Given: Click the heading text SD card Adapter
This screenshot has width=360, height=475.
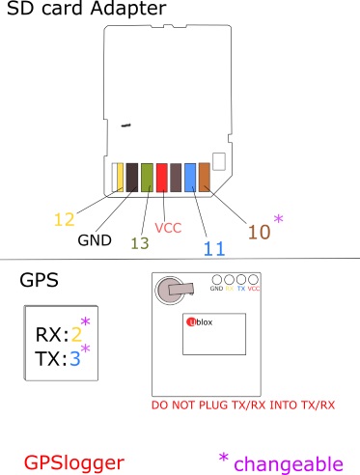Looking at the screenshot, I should [x=85, y=11].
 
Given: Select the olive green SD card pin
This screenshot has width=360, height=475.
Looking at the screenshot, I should [x=148, y=178].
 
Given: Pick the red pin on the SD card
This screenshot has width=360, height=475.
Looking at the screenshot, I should [x=162, y=178].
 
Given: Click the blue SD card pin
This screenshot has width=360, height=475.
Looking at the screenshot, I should [x=190, y=178].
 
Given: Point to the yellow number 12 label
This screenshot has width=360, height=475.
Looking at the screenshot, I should [x=64, y=219].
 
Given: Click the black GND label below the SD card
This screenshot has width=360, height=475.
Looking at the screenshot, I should [x=95, y=239].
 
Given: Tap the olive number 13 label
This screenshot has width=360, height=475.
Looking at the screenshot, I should [x=140, y=243].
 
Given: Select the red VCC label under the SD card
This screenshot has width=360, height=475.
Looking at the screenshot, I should [x=169, y=228].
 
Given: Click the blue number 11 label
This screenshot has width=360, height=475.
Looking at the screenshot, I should [x=214, y=248].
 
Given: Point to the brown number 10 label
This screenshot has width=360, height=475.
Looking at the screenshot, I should [x=260, y=232].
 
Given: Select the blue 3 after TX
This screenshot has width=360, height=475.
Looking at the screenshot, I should [x=73, y=356].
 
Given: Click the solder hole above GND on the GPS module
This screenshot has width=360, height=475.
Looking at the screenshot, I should [x=217, y=279].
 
